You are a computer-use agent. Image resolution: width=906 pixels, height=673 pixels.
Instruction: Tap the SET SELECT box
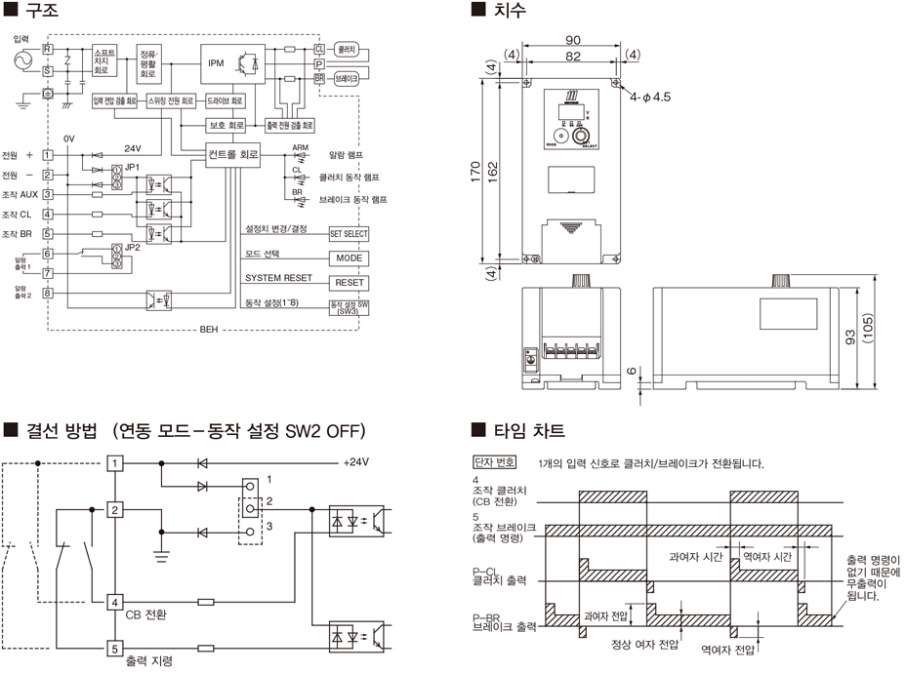click(349, 235)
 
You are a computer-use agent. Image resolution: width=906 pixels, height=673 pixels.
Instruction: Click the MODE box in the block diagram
click(349, 258)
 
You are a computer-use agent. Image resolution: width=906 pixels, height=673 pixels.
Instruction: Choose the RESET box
click(349, 283)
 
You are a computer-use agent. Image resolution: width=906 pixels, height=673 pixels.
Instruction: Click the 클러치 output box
click(346, 47)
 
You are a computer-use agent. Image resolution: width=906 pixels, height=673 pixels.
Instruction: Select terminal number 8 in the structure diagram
click(48, 292)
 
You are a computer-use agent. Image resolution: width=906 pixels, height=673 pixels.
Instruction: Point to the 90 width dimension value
click(572, 39)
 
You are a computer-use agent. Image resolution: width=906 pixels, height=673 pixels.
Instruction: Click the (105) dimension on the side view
click(879, 337)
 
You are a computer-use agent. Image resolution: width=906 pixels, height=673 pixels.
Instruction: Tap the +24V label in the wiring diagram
click(359, 462)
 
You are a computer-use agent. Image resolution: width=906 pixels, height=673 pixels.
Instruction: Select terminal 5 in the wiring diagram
click(115, 647)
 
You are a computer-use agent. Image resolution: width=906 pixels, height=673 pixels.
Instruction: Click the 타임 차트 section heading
click(532, 430)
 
